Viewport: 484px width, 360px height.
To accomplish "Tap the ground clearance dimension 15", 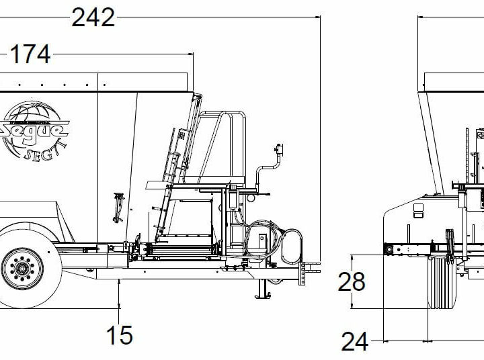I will point(120,334).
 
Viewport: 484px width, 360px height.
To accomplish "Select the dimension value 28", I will point(351,282).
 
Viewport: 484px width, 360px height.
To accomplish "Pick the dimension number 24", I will point(354,341).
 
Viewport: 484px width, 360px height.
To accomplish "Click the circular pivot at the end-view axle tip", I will point(388,249).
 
